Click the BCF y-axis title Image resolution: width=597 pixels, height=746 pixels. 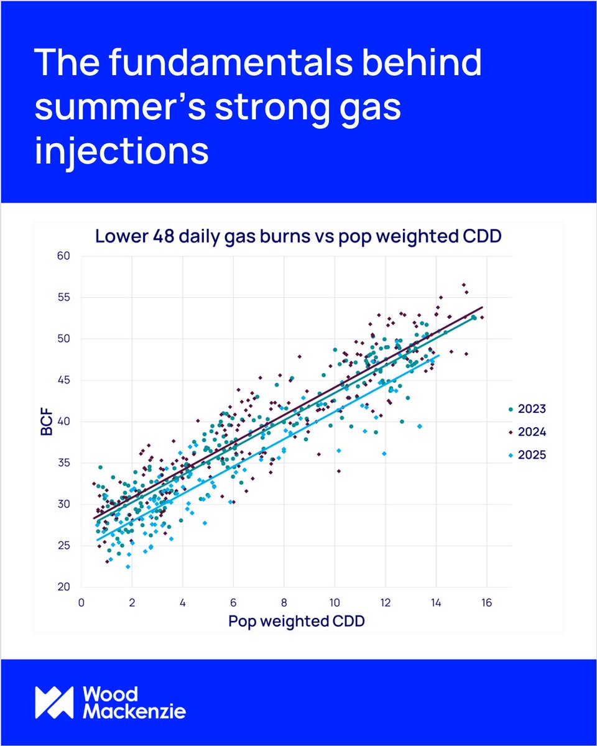(47, 421)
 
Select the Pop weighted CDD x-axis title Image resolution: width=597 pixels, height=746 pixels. (296, 620)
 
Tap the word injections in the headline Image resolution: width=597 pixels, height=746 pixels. (122, 152)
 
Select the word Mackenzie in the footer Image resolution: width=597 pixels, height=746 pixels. (134, 712)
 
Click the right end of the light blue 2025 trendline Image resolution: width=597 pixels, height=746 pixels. (439, 356)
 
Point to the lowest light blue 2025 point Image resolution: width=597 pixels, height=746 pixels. (128, 566)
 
